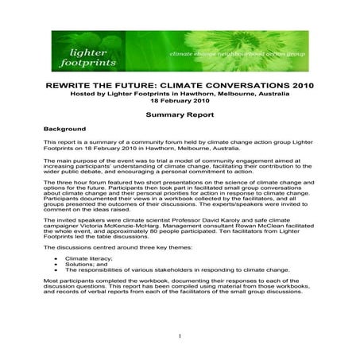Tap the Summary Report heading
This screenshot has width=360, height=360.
click(x=179, y=114)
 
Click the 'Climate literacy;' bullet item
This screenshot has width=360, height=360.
click(x=89, y=258)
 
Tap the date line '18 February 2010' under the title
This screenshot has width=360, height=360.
click(x=180, y=102)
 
